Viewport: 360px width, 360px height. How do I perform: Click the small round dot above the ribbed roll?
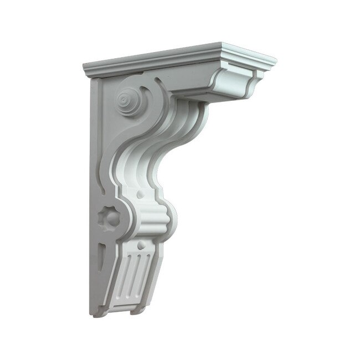139,195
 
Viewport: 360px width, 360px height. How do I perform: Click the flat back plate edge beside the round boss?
100,111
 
